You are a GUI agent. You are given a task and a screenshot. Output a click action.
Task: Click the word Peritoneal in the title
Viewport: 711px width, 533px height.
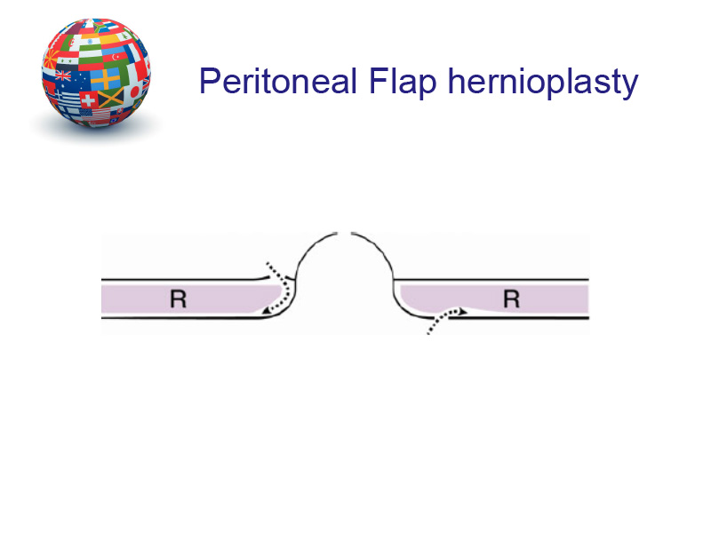278,81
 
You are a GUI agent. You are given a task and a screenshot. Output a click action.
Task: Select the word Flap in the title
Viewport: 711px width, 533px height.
403,82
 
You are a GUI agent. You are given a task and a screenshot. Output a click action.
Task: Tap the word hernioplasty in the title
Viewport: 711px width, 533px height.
543,82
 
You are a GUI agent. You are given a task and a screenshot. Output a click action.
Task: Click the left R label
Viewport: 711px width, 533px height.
179,299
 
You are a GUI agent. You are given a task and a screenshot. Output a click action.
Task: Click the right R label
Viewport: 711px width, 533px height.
512,299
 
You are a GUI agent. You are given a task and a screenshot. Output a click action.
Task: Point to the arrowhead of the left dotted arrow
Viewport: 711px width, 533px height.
267,310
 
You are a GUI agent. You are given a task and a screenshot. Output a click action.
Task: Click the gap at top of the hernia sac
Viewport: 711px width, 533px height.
344,234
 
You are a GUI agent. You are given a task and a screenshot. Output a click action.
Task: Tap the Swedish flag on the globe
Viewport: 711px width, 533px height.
105,79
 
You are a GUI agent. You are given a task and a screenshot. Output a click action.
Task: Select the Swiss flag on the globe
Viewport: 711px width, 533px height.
88,99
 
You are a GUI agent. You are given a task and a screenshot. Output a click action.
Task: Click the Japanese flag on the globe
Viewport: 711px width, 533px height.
134,92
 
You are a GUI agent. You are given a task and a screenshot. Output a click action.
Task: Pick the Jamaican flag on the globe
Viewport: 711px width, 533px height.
111,98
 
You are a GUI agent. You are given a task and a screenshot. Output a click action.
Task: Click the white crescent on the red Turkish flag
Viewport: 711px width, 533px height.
116,57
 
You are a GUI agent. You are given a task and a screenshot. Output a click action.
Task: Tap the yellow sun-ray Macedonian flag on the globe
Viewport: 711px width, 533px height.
52,59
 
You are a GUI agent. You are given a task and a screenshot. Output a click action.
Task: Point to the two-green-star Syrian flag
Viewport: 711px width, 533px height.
68,60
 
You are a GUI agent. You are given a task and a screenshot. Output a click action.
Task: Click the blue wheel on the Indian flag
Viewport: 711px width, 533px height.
90,41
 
